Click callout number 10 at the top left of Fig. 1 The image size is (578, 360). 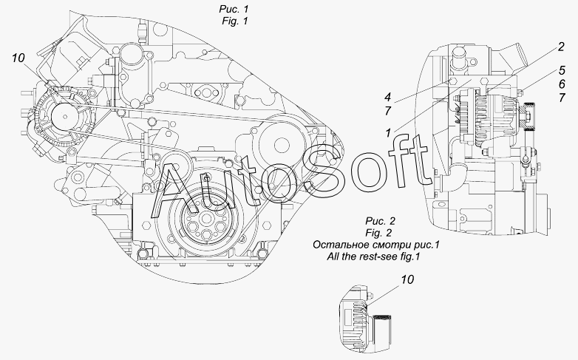pyautogui.click(x=18, y=58)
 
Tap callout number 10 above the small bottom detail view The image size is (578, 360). pyautogui.click(x=407, y=279)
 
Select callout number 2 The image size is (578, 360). pyautogui.click(x=561, y=47)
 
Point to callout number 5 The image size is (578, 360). pyautogui.click(x=562, y=70)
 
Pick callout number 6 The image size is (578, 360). pyautogui.click(x=562, y=84)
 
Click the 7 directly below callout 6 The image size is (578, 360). pyautogui.click(x=562, y=98)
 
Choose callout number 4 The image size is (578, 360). pyautogui.click(x=387, y=97)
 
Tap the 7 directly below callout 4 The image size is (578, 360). pyautogui.click(x=387, y=111)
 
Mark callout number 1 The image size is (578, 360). pyautogui.click(x=388, y=133)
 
